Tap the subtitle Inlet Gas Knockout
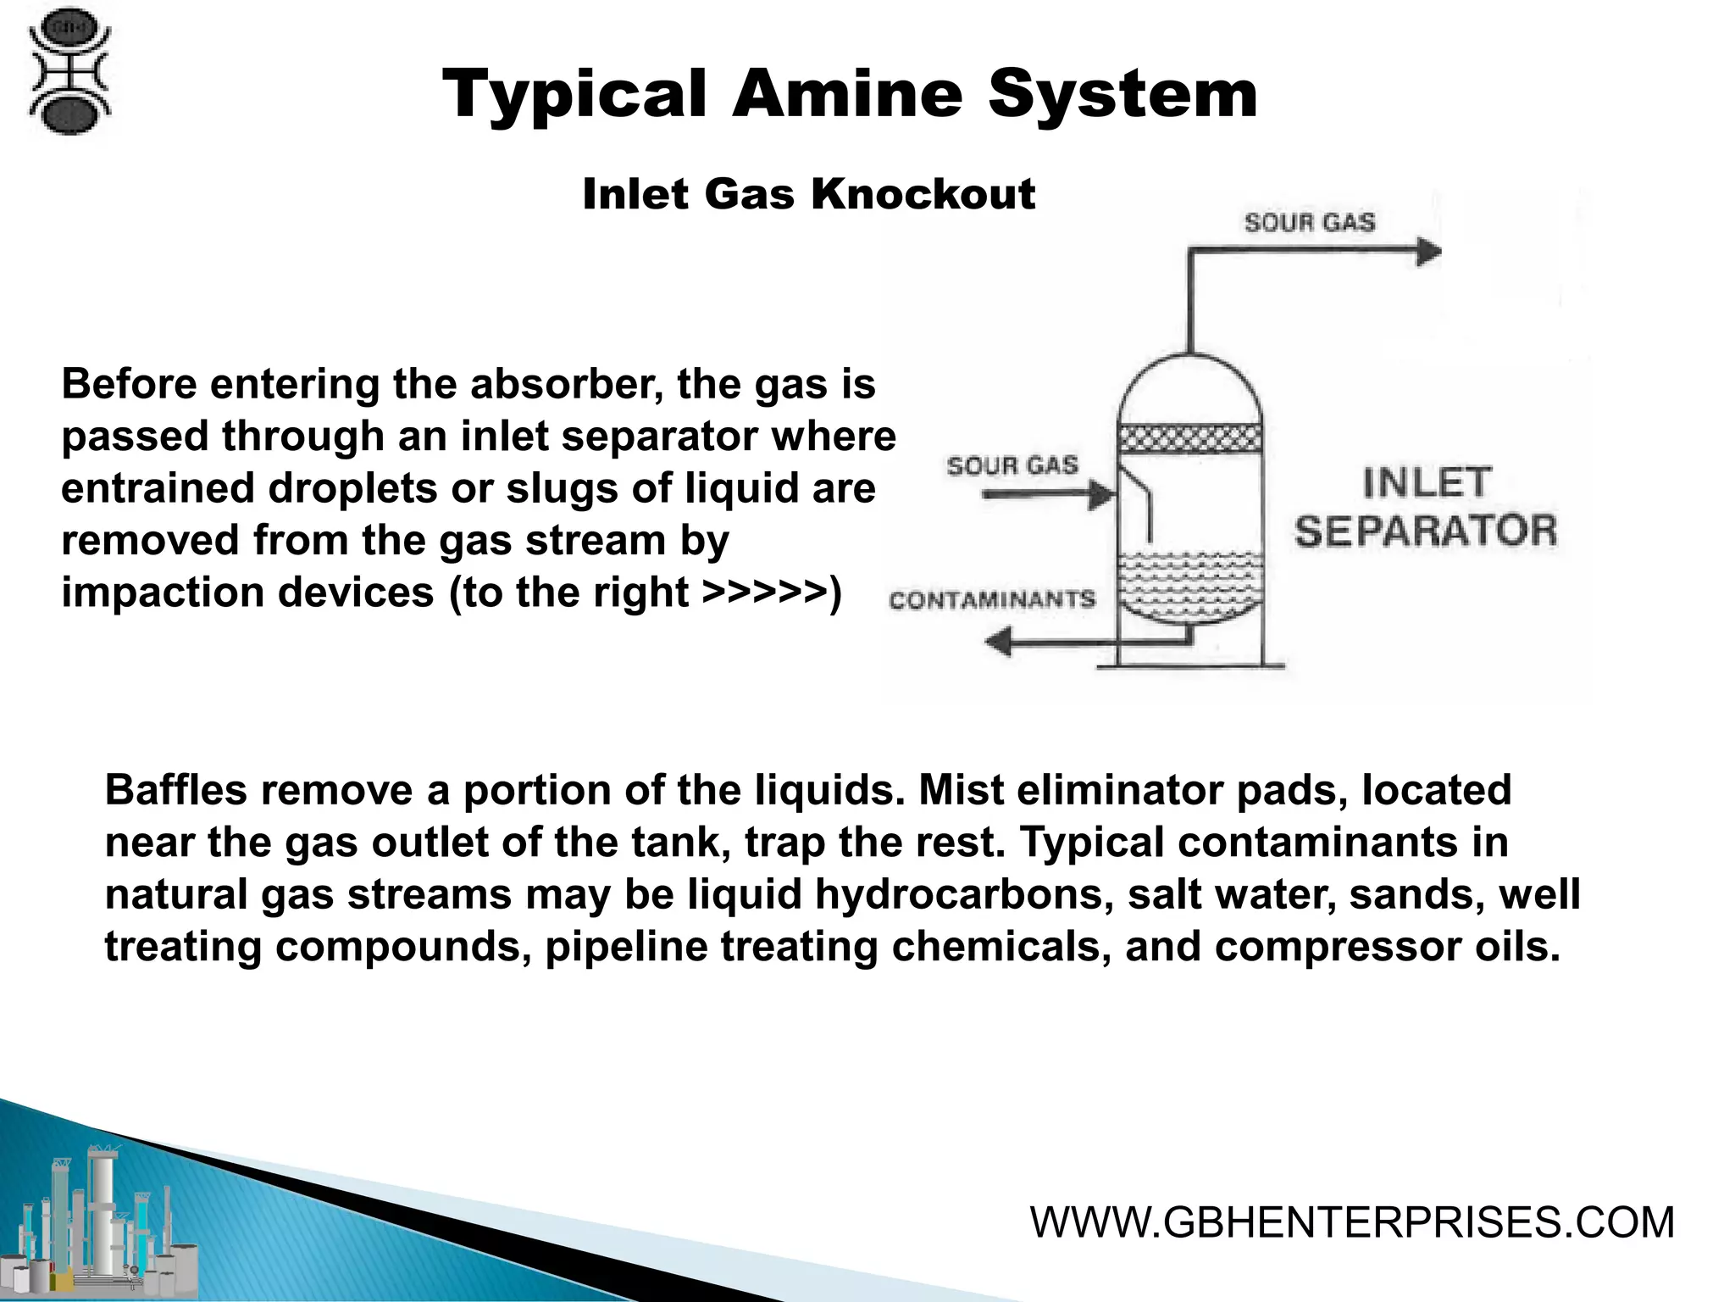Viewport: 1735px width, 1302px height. [x=808, y=194]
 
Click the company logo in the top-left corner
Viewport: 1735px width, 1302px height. [x=69, y=71]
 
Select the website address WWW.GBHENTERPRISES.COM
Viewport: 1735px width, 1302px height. [x=1352, y=1222]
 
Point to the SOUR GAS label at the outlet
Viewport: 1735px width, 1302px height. [x=1309, y=223]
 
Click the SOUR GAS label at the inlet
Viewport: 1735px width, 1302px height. [x=1012, y=465]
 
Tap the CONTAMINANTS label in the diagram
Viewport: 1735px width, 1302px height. [x=992, y=600]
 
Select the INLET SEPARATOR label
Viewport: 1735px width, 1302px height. [x=1426, y=508]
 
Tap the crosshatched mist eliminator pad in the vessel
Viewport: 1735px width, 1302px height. [x=1190, y=439]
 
